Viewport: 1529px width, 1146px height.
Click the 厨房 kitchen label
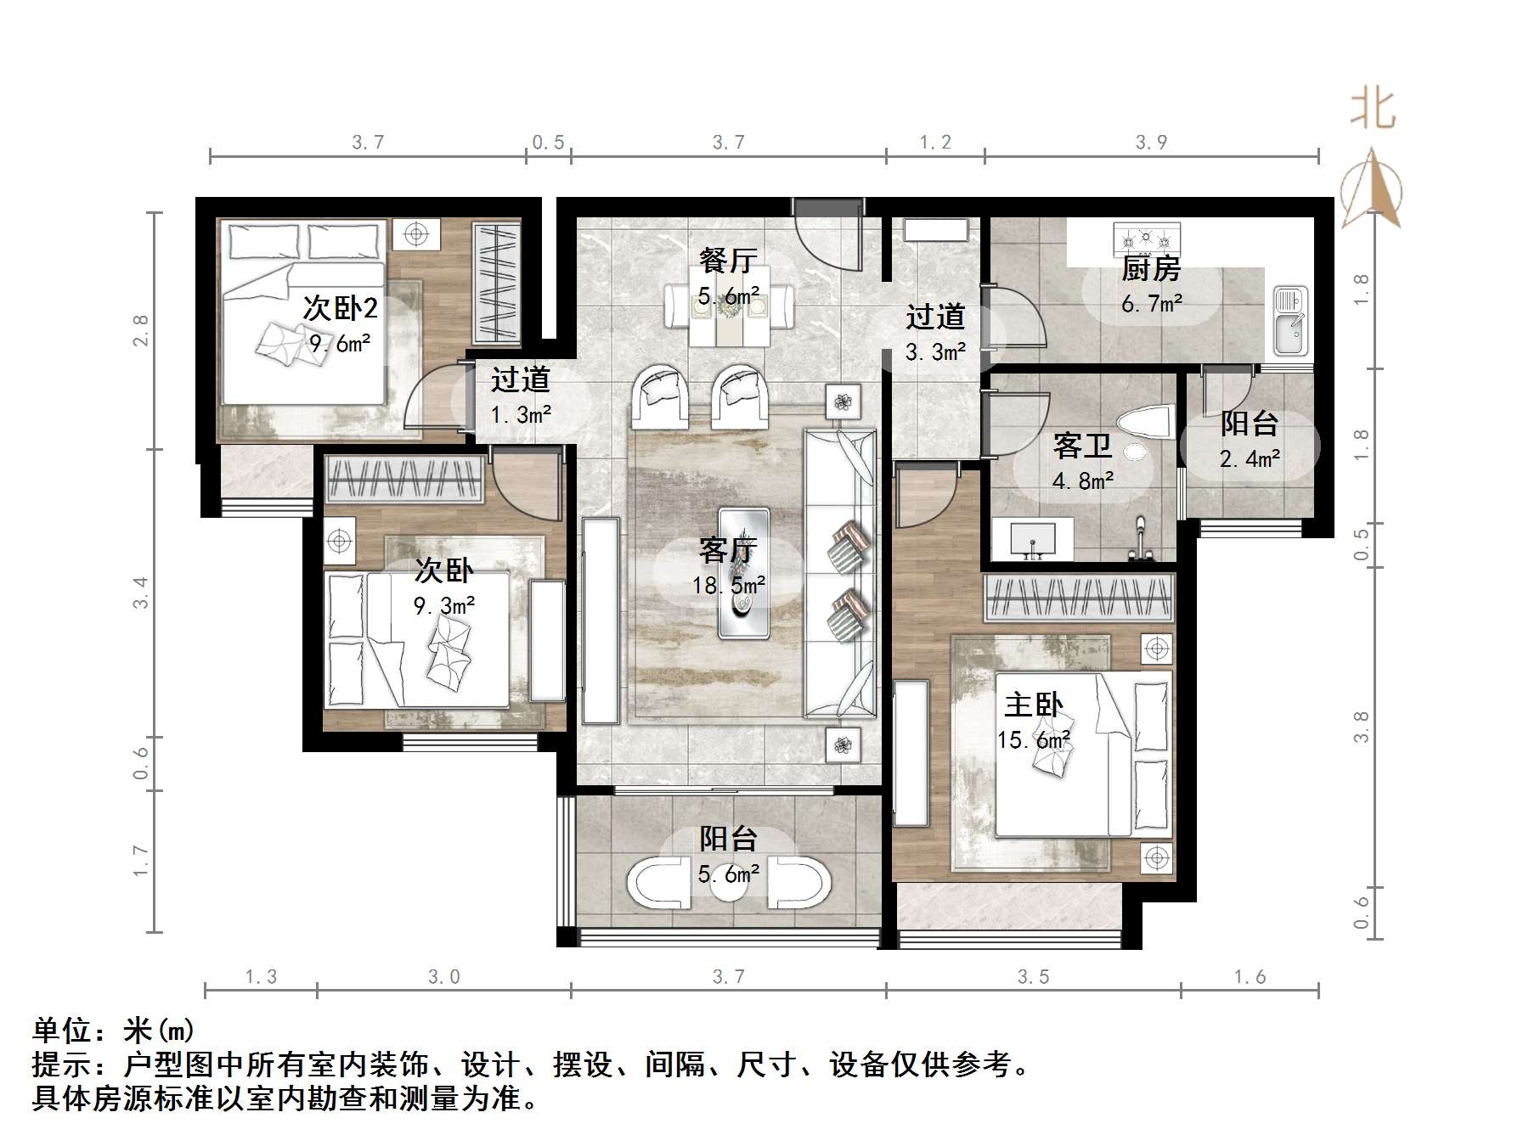coord(1151,269)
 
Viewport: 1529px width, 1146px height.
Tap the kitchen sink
coord(1290,321)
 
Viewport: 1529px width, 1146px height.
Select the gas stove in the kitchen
coord(1144,239)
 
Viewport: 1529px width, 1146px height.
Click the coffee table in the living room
coord(743,572)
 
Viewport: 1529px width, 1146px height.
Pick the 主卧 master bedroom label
coord(1033,705)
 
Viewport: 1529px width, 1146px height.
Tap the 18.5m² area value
coord(729,585)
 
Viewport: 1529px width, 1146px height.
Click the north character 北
coord(1373,110)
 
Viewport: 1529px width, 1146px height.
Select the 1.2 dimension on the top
coord(935,142)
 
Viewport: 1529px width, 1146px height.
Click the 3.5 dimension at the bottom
coord(1033,977)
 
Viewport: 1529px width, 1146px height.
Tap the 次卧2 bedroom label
coord(340,307)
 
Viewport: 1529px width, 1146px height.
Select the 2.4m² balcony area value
coord(1250,459)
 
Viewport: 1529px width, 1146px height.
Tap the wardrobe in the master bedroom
coord(1079,598)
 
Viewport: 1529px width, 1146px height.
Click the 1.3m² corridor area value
coord(521,415)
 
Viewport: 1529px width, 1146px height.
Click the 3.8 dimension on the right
coord(1362,727)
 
